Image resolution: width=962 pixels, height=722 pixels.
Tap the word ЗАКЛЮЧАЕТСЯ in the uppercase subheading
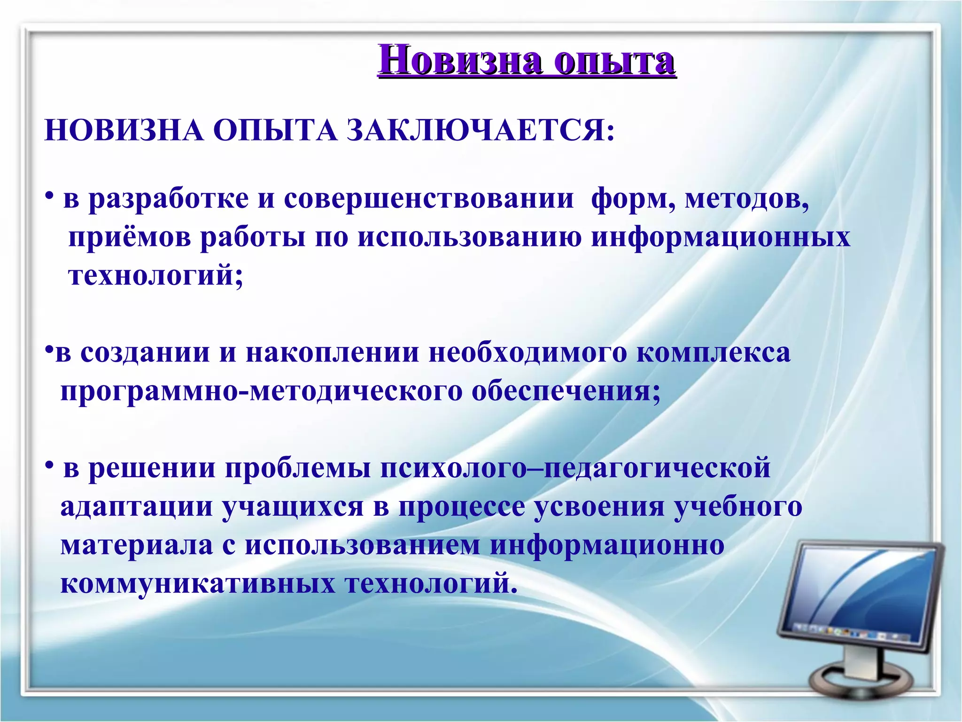coord(481,130)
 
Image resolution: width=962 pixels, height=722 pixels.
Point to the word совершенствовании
coord(428,198)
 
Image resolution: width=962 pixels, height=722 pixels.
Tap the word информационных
coord(721,237)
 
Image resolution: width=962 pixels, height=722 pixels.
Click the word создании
coord(145,353)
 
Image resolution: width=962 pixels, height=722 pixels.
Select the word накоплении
coord(332,353)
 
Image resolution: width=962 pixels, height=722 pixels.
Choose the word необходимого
coord(528,353)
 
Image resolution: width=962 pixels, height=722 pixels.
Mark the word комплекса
coord(714,353)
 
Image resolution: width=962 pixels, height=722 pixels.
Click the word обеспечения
coord(566,392)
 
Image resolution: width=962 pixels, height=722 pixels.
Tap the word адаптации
coord(137,507)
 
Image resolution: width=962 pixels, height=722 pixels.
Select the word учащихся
coord(293,507)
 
